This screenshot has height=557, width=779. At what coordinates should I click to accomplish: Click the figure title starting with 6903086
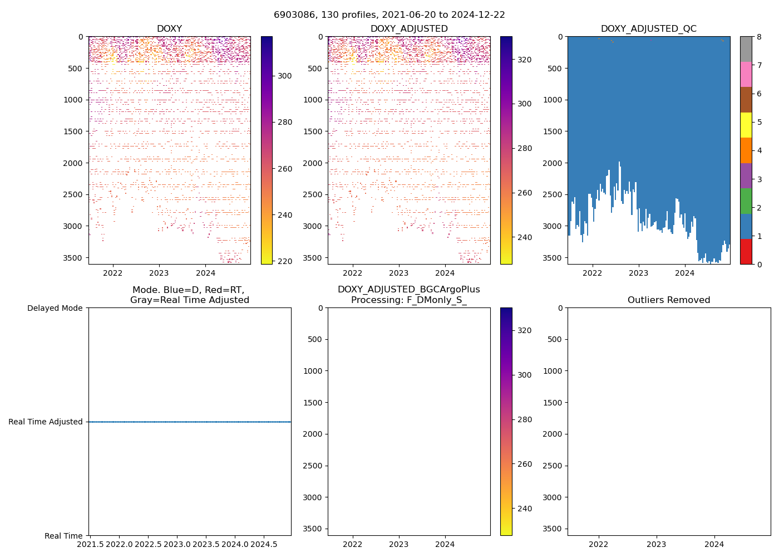point(389,15)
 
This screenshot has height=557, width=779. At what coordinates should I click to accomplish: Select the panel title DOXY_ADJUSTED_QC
point(648,29)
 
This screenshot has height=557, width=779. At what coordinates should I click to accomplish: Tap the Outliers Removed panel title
point(669,300)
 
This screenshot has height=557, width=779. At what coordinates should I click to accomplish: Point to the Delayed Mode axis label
point(55,308)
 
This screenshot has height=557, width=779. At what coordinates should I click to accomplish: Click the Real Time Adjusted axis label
point(46,422)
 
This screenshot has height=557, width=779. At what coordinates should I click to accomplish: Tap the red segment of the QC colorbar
point(746,252)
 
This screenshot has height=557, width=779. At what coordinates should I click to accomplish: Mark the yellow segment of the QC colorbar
point(746,125)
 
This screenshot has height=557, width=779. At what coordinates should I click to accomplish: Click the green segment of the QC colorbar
point(746,201)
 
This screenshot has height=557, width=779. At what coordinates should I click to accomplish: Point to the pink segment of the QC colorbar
point(746,74)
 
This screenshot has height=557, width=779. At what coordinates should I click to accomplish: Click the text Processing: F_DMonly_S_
point(409,300)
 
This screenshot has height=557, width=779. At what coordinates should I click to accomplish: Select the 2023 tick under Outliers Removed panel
point(657,544)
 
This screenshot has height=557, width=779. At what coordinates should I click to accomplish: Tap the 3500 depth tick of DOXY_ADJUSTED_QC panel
point(554,258)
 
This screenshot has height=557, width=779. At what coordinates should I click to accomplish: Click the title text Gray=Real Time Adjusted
point(190,300)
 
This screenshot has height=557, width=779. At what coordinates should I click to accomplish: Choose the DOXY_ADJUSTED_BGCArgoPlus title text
point(409,290)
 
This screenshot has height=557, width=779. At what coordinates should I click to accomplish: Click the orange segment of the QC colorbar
point(746,150)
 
